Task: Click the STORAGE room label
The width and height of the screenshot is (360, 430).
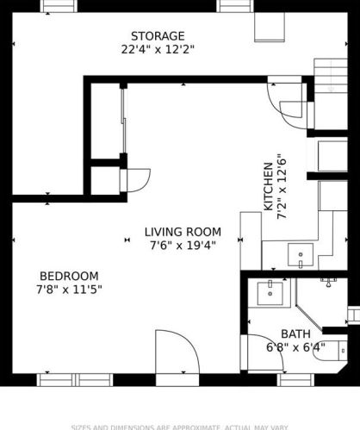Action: pos(158,36)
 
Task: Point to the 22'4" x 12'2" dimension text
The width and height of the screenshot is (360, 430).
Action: pos(158,49)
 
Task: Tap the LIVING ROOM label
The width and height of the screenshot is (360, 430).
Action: pos(182,232)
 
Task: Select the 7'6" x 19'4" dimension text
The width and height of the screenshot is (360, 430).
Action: pos(182,245)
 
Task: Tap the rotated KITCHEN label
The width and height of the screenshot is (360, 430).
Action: pos(268,187)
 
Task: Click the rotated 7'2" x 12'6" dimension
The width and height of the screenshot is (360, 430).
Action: pos(281,187)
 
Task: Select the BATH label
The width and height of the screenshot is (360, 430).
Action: pos(295,334)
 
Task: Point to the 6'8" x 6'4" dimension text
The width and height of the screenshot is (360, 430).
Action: pos(295,347)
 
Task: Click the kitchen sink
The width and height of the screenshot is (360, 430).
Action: pos(301,254)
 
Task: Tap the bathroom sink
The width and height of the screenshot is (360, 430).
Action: pos(270,293)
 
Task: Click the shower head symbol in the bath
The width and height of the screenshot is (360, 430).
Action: pos(330,279)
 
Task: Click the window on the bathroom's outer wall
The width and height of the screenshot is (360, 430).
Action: pos(297,379)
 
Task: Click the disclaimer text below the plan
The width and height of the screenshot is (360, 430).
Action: pos(179,426)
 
